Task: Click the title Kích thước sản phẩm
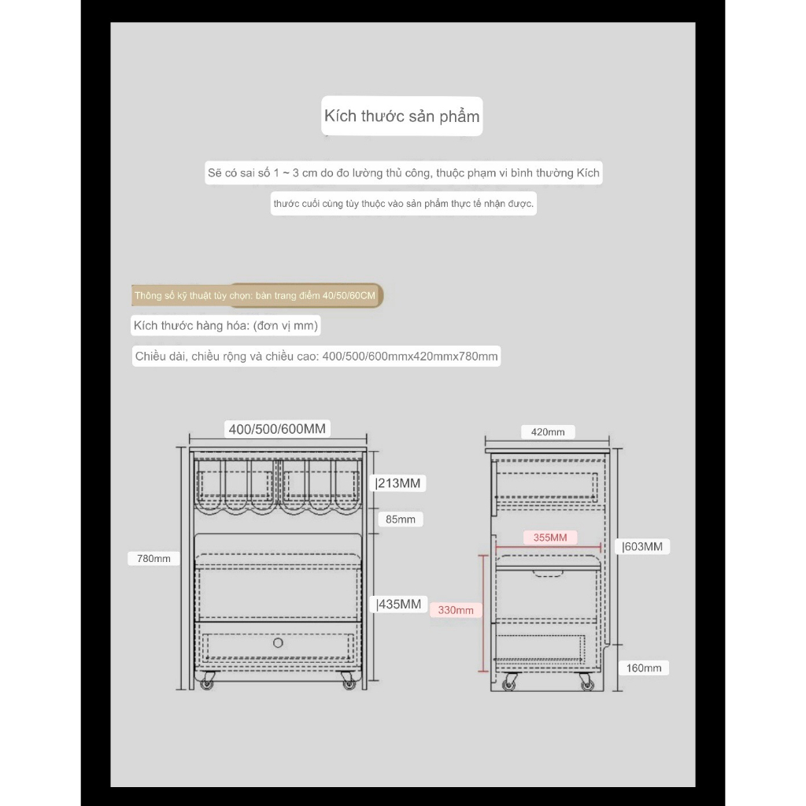[x=401, y=116]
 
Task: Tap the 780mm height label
[x=153, y=558]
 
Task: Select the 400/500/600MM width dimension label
[x=276, y=429]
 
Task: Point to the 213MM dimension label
[x=398, y=482]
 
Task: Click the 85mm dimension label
[x=400, y=519]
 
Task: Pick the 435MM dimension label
[x=399, y=604]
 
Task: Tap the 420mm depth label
[x=548, y=432]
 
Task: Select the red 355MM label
[x=550, y=538]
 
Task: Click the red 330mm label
[x=456, y=610]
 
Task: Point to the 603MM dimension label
[x=643, y=545]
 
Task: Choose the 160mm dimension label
[x=644, y=668]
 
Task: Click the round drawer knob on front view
[x=277, y=643]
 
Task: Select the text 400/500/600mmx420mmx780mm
[x=409, y=357]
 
